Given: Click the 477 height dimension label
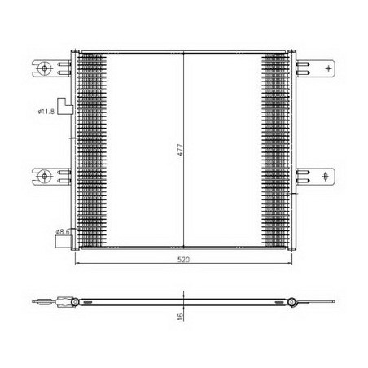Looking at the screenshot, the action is (181, 150).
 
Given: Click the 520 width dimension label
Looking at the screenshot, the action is (184, 260).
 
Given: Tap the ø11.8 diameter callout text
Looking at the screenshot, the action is (46, 111).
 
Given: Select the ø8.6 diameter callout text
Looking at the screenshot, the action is (63, 232).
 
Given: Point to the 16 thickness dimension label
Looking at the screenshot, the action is (180, 316).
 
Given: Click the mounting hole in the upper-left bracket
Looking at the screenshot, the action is (44, 68).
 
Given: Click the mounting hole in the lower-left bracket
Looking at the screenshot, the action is (44, 177).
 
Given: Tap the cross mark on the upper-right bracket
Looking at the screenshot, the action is (328, 68).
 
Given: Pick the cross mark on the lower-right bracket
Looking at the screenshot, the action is (326, 177).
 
